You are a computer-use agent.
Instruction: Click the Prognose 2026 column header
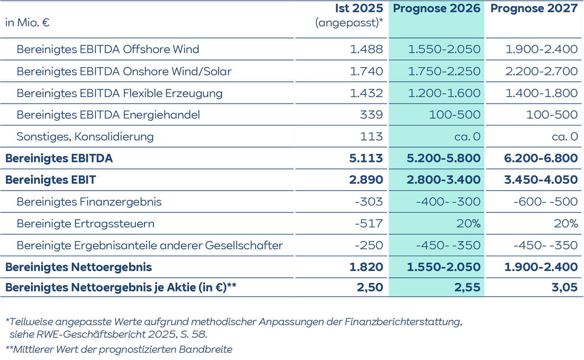pos(437,8)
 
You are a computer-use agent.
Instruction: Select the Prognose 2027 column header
pos(534,8)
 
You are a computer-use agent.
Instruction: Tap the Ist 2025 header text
pos(359,8)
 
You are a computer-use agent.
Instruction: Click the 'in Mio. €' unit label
pos(27,23)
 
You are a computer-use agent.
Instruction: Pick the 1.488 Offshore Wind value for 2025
pos(366,49)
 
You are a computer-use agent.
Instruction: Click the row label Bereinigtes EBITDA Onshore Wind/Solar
pos(124,71)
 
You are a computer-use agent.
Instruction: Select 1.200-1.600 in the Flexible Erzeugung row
pos(444,93)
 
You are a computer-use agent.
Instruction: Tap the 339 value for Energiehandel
pos(371,115)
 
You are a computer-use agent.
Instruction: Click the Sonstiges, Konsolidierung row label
pos(85,136)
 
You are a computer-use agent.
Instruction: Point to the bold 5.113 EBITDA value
pos(366,158)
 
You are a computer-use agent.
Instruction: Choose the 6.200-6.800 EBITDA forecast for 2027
pos(541,158)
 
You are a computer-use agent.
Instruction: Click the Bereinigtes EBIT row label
pos(50,180)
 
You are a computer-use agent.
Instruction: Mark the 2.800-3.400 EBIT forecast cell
pos(443,180)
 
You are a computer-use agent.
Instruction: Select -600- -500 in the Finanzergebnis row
pos(545,202)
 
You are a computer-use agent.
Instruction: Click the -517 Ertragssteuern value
pos(369,223)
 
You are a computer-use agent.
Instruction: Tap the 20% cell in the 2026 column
pos(468,223)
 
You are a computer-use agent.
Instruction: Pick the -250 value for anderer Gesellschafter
pos(369,245)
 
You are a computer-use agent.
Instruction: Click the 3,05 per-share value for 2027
pos(564,287)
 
